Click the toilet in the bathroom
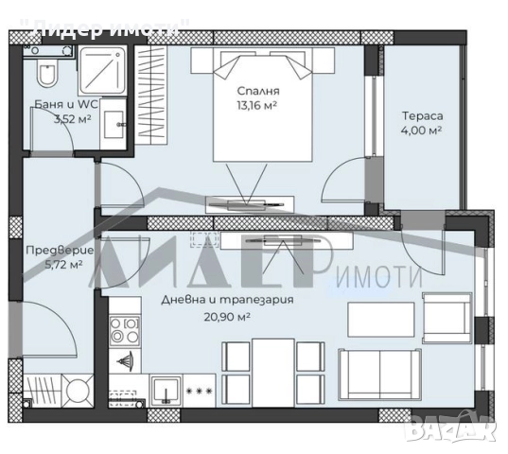(x=47, y=75)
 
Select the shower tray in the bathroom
(x=102, y=71)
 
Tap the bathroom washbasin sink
(x=114, y=124)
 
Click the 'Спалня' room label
(x=258, y=91)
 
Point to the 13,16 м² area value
(x=257, y=105)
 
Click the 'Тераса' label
(x=423, y=116)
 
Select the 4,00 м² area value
(x=422, y=131)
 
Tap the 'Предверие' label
(x=60, y=251)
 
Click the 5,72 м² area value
(x=63, y=265)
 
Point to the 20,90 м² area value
(x=227, y=316)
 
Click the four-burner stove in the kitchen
(x=125, y=331)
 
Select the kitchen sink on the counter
(x=166, y=391)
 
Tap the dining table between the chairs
(x=273, y=373)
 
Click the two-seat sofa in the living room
(x=379, y=375)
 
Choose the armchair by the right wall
(x=447, y=318)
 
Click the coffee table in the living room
(x=381, y=320)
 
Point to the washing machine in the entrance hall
(x=78, y=391)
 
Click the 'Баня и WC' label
(x=66, y=104)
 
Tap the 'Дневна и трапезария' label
(x=227, y=300)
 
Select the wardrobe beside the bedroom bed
(x=150, y=95)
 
